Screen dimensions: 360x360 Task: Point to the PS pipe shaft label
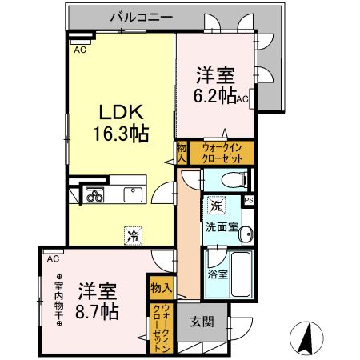pyautogui.click(x=248, y=200)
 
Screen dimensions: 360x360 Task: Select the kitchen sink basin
pyautogui.click(x=132, y=194)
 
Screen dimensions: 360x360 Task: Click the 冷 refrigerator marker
pyautogui.click(x=131, y=235)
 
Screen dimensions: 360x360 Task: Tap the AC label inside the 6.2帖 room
pyautogui.click(x=242, y=99)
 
